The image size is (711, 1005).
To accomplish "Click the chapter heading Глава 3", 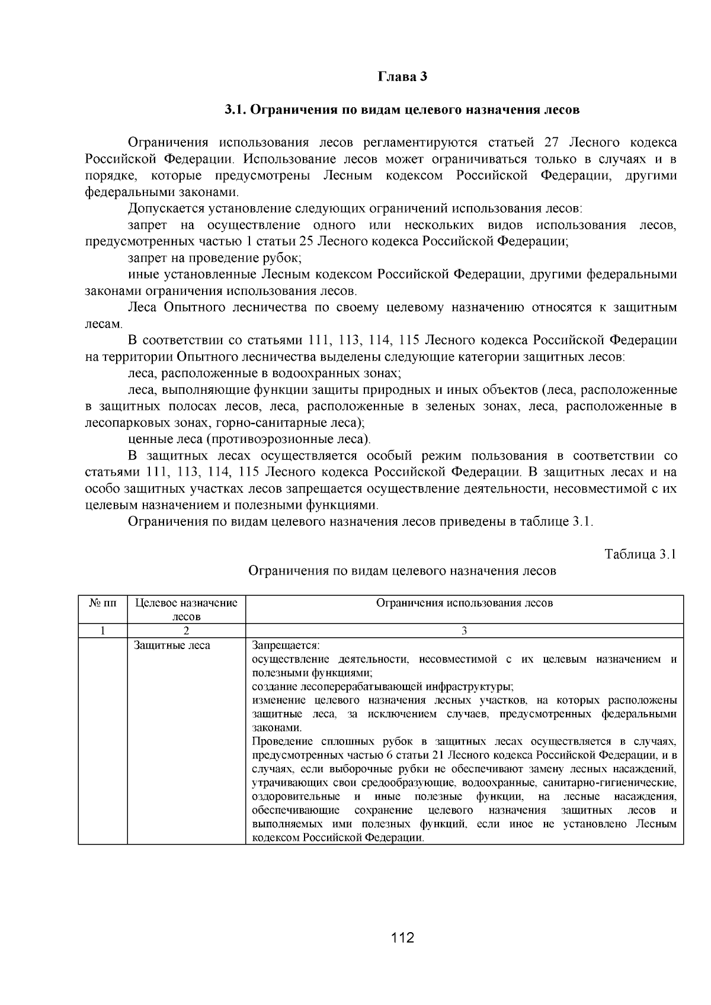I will [x=402, y=77].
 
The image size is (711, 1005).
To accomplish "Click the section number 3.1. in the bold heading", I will [x=238, y=110].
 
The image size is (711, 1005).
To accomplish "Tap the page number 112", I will [x=402, y=937].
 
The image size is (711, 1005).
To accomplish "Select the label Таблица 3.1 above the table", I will [x=640, y=554].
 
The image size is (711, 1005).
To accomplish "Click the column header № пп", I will [x=103, y=603].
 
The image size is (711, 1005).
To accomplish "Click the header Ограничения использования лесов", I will [x=464, y=603].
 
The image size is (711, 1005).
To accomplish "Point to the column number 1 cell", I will [x=103, y=631].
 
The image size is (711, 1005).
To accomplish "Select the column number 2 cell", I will [x=186, y=631].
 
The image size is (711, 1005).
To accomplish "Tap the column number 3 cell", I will [x=464, y=631].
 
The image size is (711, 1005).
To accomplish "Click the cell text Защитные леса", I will [x=172, y=646].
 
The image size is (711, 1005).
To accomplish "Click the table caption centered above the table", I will [x=402, y=571].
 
